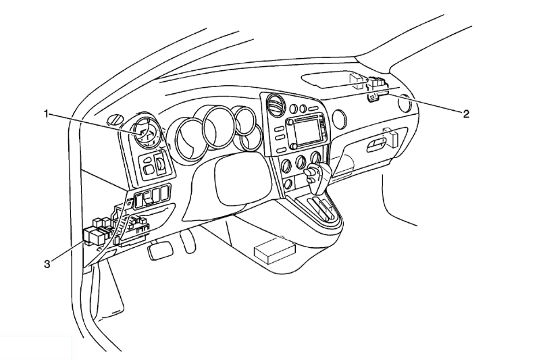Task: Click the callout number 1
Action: (x=47, y=114)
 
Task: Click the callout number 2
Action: (x=465, y=113)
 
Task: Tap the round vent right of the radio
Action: (x=339, y=120)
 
